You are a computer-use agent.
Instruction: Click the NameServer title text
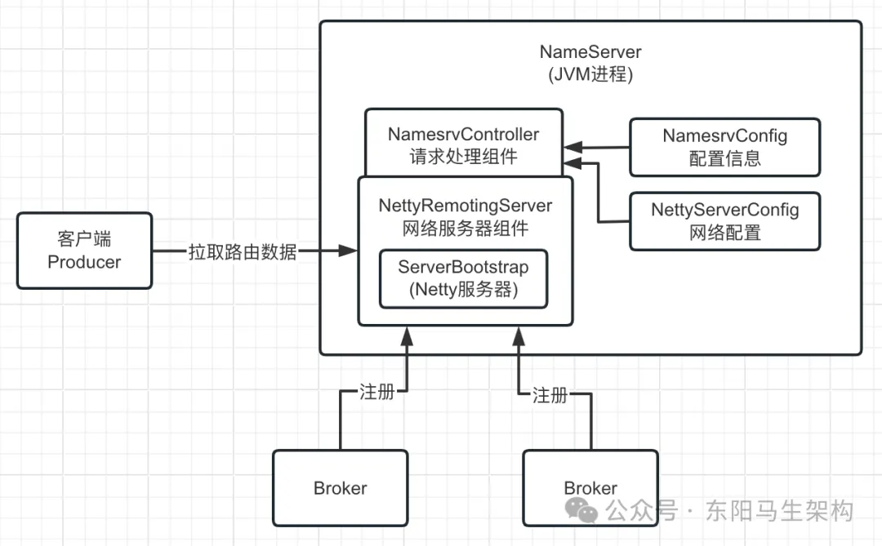(590, 51)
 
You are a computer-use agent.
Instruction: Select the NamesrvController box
(463, 143)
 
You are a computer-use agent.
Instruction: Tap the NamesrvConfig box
(724, 147)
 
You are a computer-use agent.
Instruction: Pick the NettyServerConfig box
(724, 221)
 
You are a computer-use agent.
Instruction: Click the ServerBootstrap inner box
(463, 278)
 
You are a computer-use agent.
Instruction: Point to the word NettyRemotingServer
(465, 206)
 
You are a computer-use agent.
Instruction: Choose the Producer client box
(84, 251)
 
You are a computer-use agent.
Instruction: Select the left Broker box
(340, 488)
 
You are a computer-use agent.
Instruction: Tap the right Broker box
(590, 488)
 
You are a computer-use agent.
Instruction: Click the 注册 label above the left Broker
(377, 392)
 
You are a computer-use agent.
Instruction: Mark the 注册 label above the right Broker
(550, 395)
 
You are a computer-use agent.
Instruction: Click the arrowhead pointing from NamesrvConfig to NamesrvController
(573, 148)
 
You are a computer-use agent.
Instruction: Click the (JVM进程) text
(590, 73)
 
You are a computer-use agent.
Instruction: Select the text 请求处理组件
(463, 156)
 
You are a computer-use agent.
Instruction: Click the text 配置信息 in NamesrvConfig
(724, 158)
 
